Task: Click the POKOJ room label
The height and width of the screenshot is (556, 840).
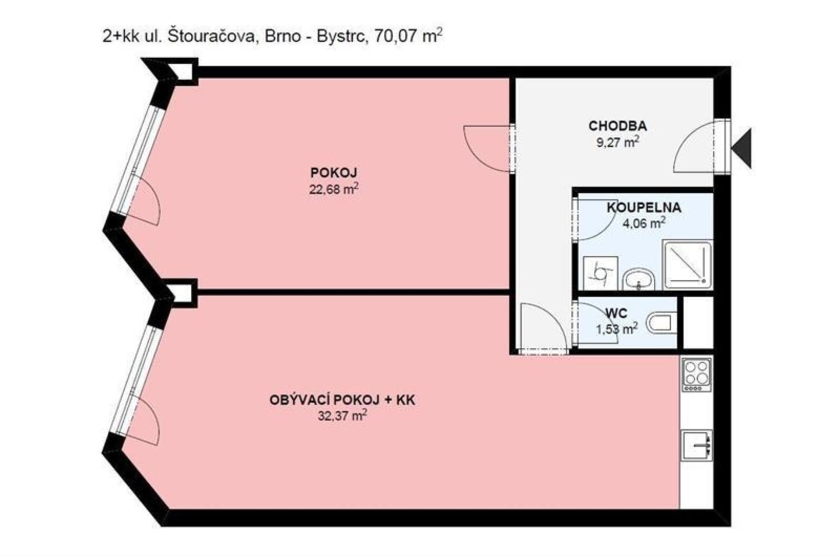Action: coord(334,173)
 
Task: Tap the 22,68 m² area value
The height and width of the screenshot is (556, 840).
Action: coord(334,189)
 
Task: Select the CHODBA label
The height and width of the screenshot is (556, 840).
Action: coord(617,126)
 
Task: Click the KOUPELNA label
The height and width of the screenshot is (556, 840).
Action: coord(644,207)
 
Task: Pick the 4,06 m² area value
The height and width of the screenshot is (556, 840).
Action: coord(644,223)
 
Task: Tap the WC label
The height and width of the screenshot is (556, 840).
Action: coord(616,313)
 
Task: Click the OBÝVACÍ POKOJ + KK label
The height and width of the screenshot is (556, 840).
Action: coord(342,400)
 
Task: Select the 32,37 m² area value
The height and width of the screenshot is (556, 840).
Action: coord(342,416)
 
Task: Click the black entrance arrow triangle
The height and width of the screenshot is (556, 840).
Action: coord(743,148)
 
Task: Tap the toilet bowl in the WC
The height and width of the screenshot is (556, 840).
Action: coord(661,323)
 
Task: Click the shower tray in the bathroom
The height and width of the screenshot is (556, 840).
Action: coord(687,264)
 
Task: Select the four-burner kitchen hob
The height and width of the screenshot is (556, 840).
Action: coord(696,374)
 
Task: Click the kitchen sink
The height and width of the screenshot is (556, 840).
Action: coord(697,445)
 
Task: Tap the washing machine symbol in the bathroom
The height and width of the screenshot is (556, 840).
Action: coord(600,273)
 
